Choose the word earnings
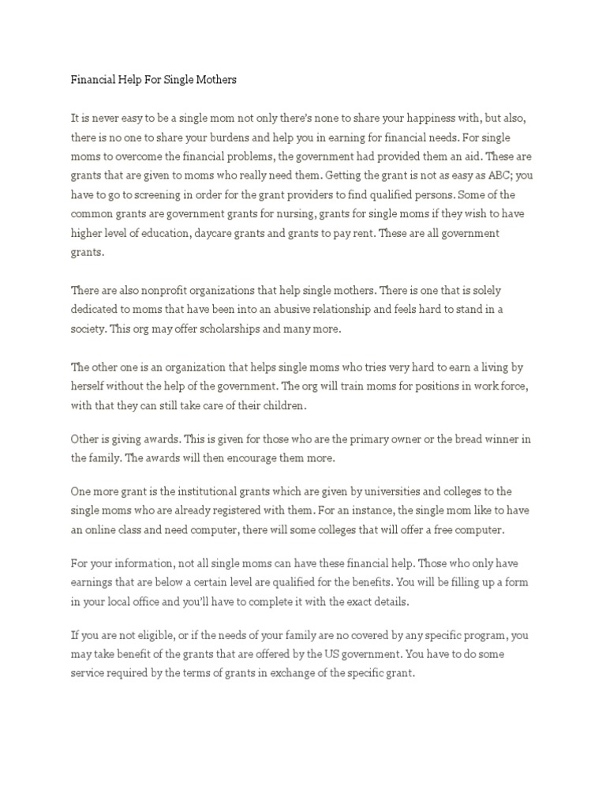[x=94, y=578]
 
